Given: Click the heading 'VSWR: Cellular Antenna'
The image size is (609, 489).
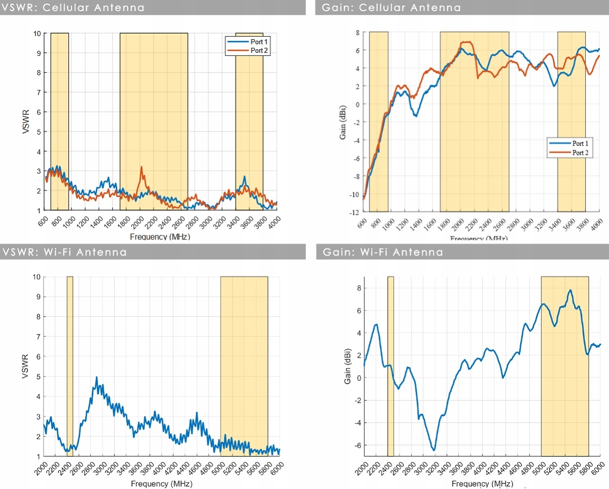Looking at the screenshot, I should pos(74,8).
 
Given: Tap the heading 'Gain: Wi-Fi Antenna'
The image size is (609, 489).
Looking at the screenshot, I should pos(383,252).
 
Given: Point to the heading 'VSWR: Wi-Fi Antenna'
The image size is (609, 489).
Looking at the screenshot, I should pos(65,252).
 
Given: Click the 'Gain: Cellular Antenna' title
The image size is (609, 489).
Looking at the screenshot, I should pos(391,8).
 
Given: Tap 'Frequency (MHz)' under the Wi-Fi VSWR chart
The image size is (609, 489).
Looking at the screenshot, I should pos(161,483).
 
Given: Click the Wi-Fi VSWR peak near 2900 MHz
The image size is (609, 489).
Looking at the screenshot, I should pos(96,378).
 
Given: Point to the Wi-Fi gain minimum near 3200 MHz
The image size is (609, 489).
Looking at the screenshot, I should pos(434,450).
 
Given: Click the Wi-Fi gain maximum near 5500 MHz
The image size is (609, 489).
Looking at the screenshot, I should pos(570,290).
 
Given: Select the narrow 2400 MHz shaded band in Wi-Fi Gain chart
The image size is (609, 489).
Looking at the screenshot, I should pos(390,366).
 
